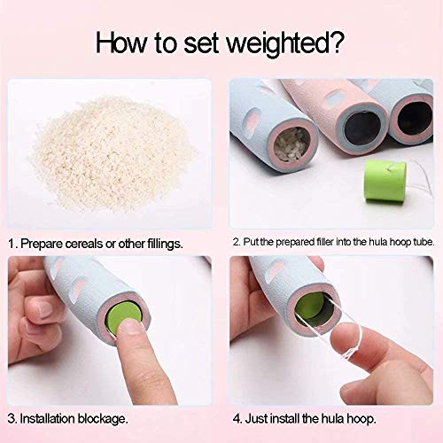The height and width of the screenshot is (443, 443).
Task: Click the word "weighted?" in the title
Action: pos(285,43)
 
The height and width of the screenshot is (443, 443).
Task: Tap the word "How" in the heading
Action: pos(120,43)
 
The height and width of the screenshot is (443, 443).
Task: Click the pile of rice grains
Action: pos(113,153)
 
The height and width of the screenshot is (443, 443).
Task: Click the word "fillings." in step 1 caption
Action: pos(165,245)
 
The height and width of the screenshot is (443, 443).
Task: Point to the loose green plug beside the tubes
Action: pos(385,181)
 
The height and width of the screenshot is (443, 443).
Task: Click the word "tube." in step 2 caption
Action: pos(424,242)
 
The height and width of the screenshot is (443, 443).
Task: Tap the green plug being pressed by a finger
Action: pos(123,315)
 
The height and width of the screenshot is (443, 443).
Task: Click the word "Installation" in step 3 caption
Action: pos(47,419)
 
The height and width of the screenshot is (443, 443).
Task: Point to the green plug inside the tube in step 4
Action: pos(310,307)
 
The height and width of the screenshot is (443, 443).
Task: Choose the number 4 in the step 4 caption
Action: pos(237,419)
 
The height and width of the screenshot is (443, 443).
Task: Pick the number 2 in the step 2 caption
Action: pos(236,242)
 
